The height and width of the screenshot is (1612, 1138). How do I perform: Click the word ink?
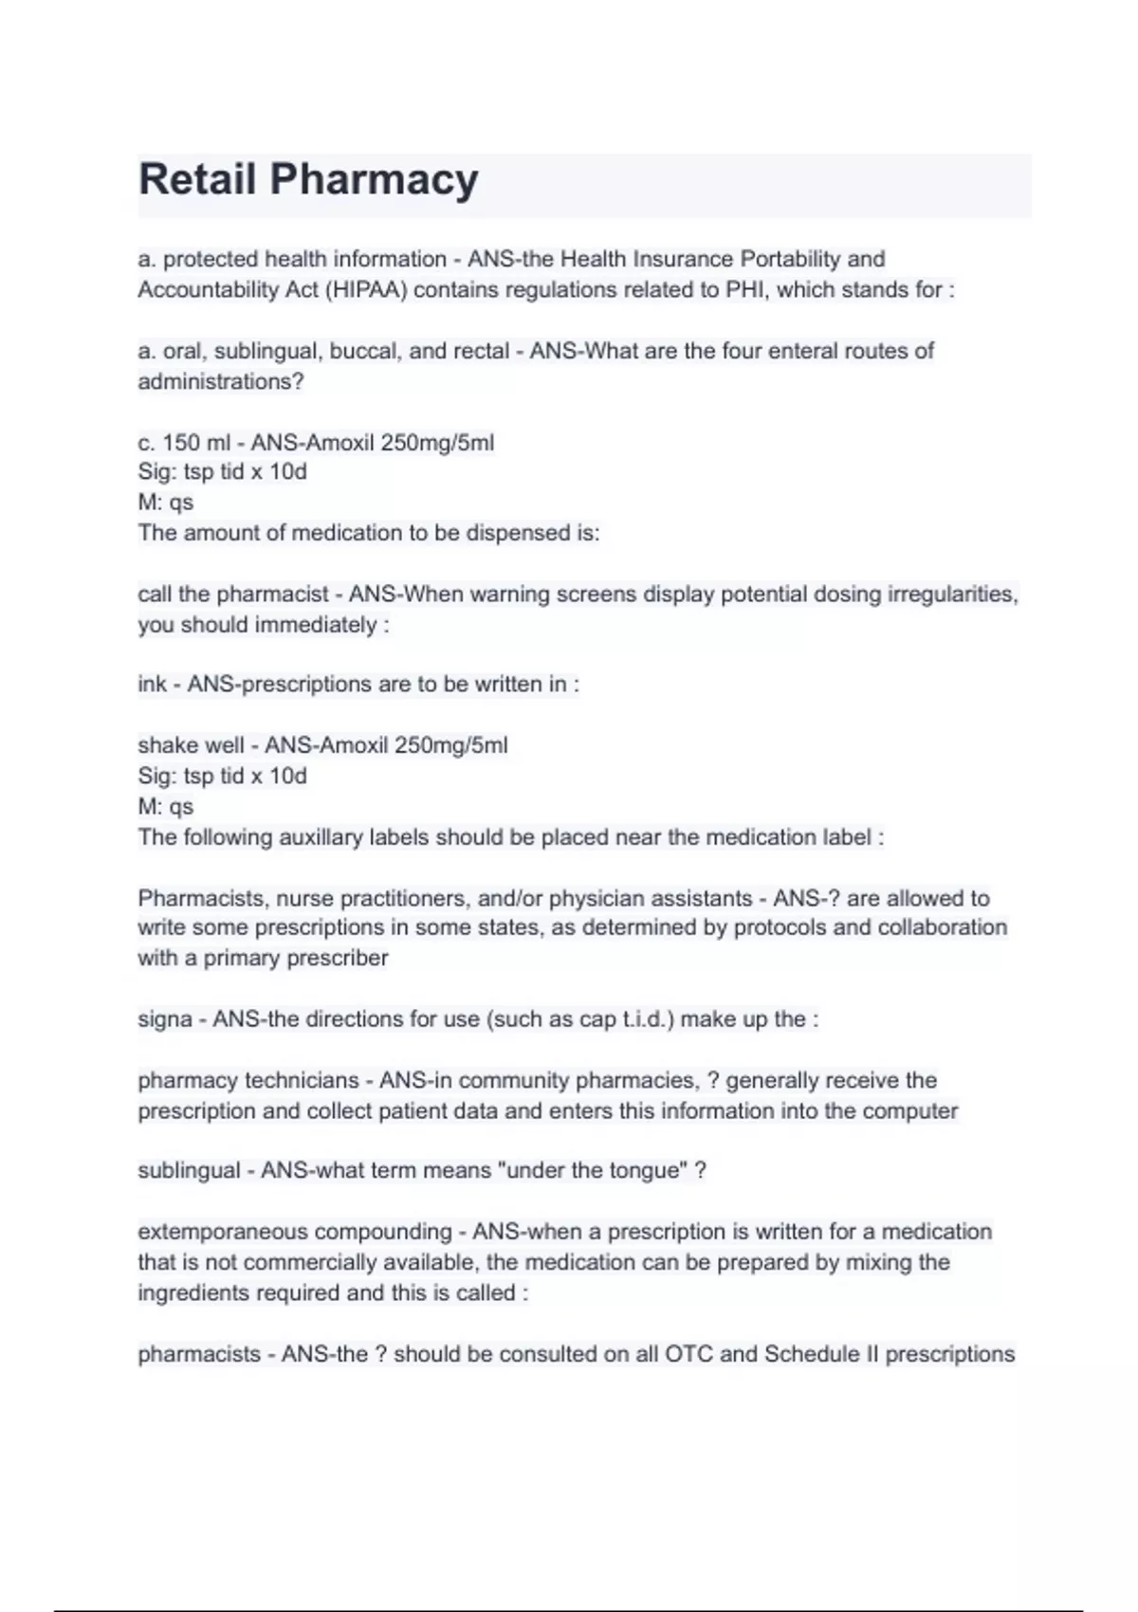coord(152,685)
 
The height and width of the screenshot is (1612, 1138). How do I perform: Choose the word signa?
coord(165,1019)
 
